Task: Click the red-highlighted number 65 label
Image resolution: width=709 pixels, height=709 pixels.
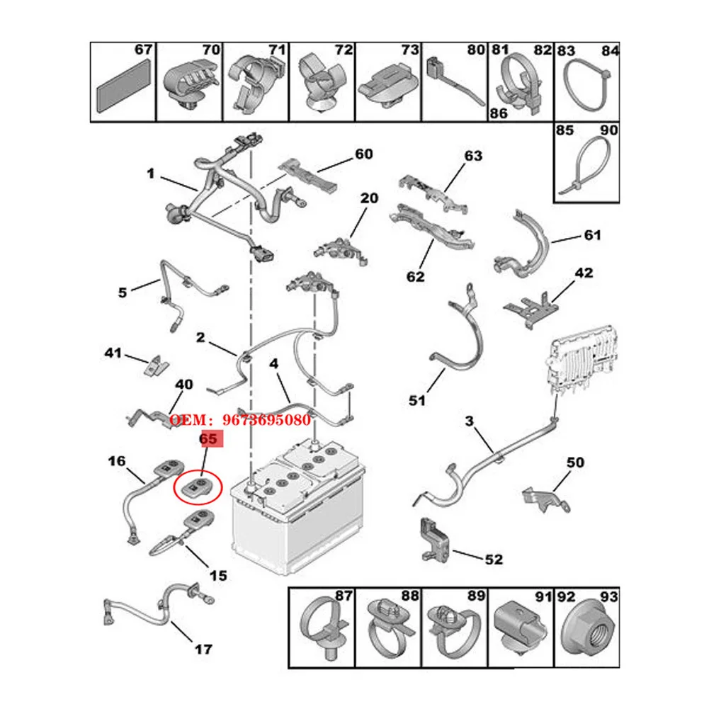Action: click(x=208, y=440)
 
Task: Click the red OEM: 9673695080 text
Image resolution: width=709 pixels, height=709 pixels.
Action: click(x=240, y=420)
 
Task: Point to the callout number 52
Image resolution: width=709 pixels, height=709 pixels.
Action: click(x=494, y=560)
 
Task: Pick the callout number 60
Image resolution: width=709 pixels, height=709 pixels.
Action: click(x=363, y=154)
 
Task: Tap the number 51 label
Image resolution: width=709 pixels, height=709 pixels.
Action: click(x=417, y=401)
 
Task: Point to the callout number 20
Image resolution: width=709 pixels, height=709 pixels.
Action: click(x=369, y=198)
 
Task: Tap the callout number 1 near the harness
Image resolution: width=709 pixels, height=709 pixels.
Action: click(x=150, y=173)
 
